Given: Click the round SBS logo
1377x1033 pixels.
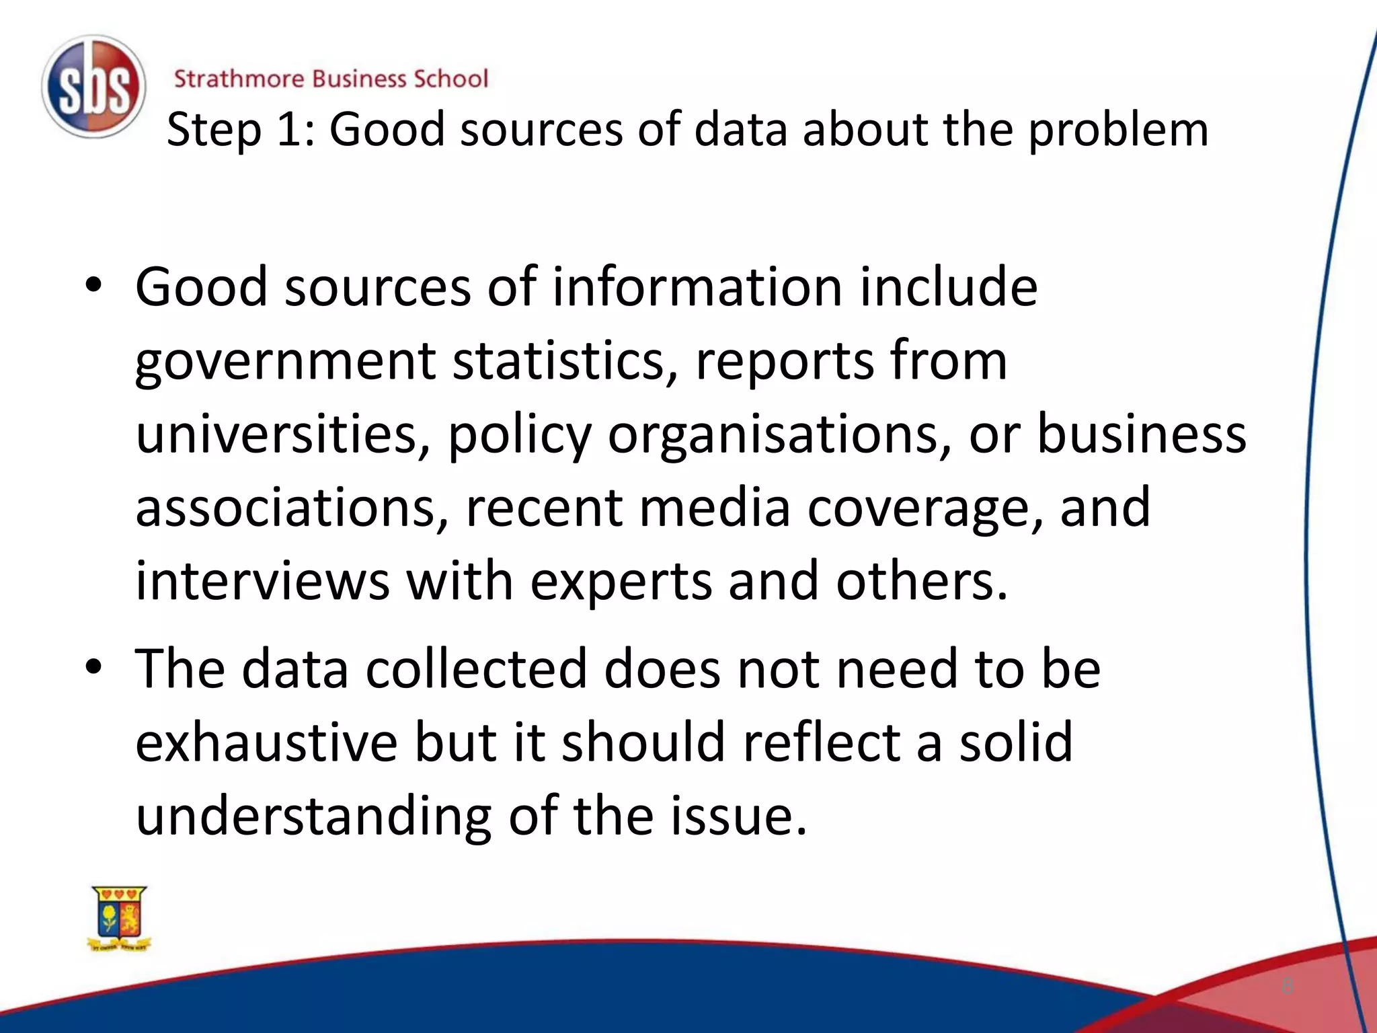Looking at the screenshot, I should (93, 87).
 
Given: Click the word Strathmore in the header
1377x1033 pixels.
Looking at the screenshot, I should (239, 79).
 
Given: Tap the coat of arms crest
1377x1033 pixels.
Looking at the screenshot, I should (119, 918).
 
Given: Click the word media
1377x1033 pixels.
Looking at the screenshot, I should (714, 508).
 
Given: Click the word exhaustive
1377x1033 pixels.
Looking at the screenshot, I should (267, 742).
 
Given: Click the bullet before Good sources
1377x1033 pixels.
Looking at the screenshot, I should (93, 286).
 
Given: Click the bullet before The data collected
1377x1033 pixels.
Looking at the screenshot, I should (93, 667).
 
